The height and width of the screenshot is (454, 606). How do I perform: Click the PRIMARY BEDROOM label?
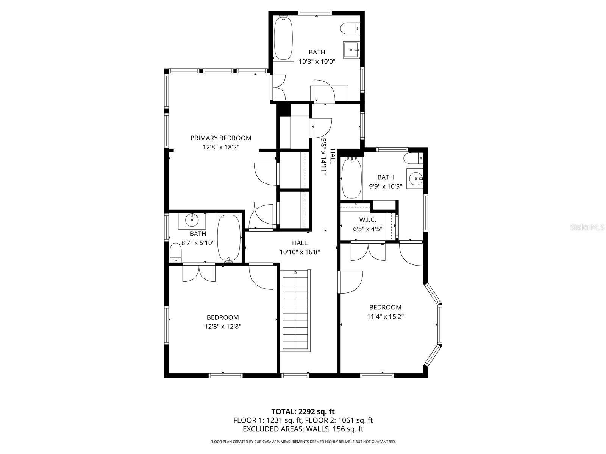(220, 138)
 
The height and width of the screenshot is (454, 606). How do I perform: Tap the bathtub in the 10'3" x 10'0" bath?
(283, 38)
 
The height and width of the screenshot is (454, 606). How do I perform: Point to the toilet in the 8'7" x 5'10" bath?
(175, 252)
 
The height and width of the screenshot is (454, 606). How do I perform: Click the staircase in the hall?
(295, 310)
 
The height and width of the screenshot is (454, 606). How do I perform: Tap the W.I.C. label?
(367, 220)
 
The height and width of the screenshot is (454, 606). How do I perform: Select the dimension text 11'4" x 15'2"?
(385, 317)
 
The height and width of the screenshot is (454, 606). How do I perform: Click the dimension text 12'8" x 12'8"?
(223, 327)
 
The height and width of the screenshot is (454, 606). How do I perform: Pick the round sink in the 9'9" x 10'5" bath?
(415, 178)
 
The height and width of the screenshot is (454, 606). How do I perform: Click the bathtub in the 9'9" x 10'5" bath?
(352, 178)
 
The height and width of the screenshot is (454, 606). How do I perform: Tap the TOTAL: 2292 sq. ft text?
(303, 412)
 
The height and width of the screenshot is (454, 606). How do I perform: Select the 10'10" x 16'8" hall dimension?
(300, 252)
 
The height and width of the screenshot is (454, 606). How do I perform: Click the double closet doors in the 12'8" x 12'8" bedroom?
(199, 273)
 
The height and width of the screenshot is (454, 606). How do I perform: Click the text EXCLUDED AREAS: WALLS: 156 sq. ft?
(303, 429)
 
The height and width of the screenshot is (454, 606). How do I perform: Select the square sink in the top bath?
(351, 50)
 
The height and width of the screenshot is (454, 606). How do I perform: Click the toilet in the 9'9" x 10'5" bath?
(413, 157)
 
